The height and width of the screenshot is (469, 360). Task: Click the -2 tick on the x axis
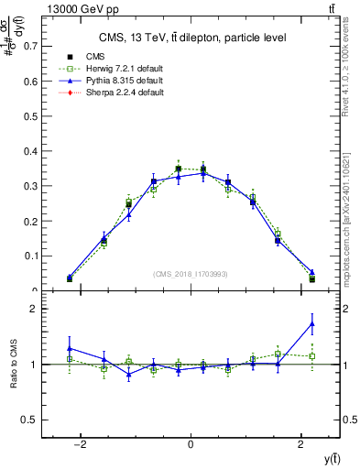(81, 446)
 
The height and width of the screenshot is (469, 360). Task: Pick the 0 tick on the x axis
(191, 446)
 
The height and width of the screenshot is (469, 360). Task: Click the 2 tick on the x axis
(301, 446)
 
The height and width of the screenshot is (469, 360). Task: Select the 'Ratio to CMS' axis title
(13, 365)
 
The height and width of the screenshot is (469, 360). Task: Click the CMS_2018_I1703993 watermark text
(191, 274)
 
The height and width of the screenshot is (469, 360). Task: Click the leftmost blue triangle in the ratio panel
(70, 348)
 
